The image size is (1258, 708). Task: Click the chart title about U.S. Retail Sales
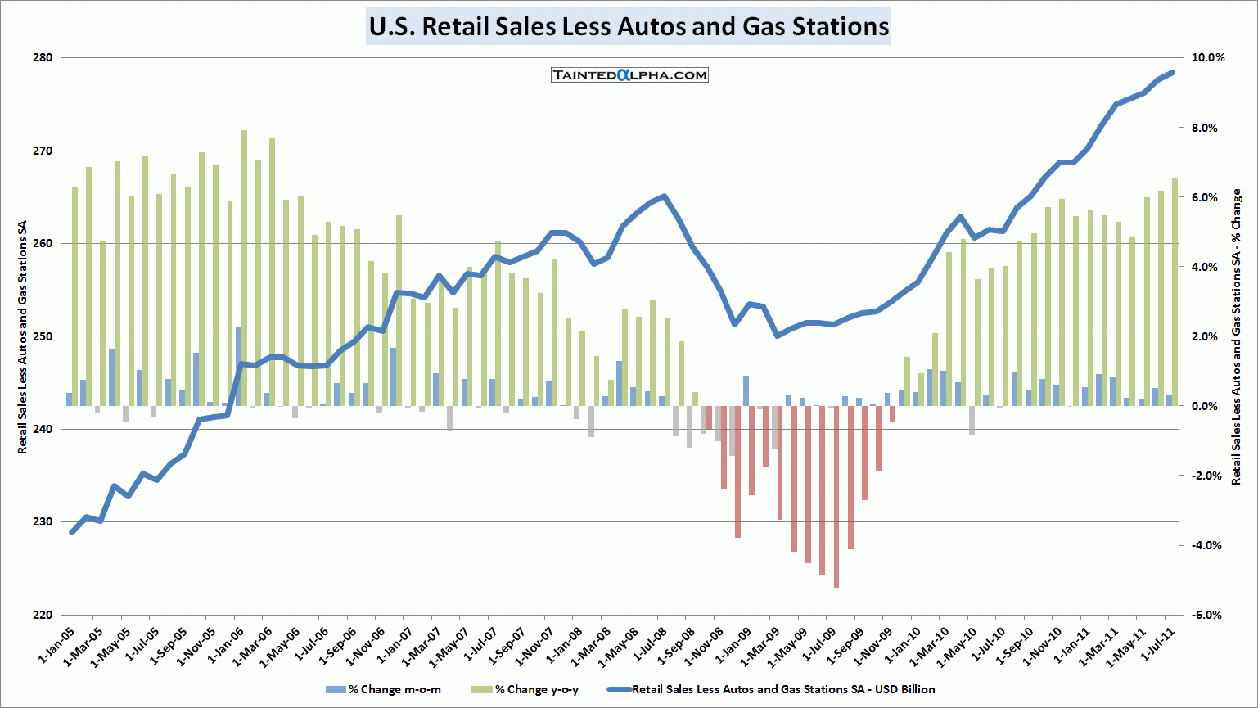[x=629, y=26]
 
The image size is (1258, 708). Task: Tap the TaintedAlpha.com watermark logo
[x=629, y=75]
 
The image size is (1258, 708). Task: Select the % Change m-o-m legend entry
[x=384, y=689]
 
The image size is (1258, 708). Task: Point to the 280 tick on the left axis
[x=43, y=58]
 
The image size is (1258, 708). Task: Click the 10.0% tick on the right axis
[x=1209, y=58]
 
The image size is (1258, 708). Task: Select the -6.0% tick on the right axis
[x=1209, y=615]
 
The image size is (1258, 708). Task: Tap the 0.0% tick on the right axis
[x=1209, y=406]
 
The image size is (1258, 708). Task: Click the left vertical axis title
[x=22, y=336]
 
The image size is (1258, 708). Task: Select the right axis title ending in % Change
[x=1237, y=336]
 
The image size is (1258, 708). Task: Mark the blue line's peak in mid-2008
[x=664, y=196]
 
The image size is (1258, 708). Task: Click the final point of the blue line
[x=1172, y=72]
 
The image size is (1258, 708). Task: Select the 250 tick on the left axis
[x=43, y=336]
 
